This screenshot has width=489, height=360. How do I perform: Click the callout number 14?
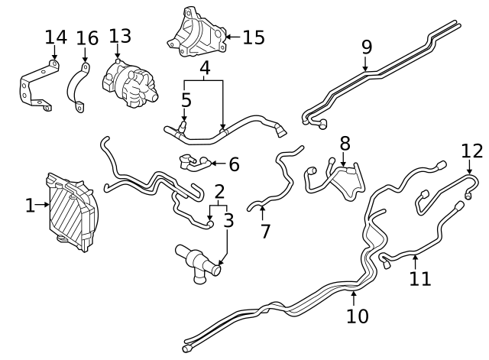tap(56, 37)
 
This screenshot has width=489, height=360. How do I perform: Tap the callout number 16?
tap(87, 38)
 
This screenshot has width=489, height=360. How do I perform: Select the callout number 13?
tap(120, 36)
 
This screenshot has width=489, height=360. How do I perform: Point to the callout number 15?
tap(252, 37)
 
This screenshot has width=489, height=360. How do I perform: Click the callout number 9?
tap(367, 47)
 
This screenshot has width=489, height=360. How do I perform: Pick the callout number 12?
tap(472, 151)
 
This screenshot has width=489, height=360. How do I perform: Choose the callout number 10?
tap(357, 315)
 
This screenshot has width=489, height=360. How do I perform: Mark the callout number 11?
tap(419, 278)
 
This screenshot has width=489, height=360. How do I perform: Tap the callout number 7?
tap(265, 230)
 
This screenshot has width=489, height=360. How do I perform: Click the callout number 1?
tap(30, 205)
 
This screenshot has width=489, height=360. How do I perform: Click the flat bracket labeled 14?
tap(37, 88)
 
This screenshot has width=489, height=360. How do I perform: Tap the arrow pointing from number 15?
tap(231, 36)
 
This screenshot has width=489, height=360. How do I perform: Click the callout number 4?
tap(204, 70)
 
